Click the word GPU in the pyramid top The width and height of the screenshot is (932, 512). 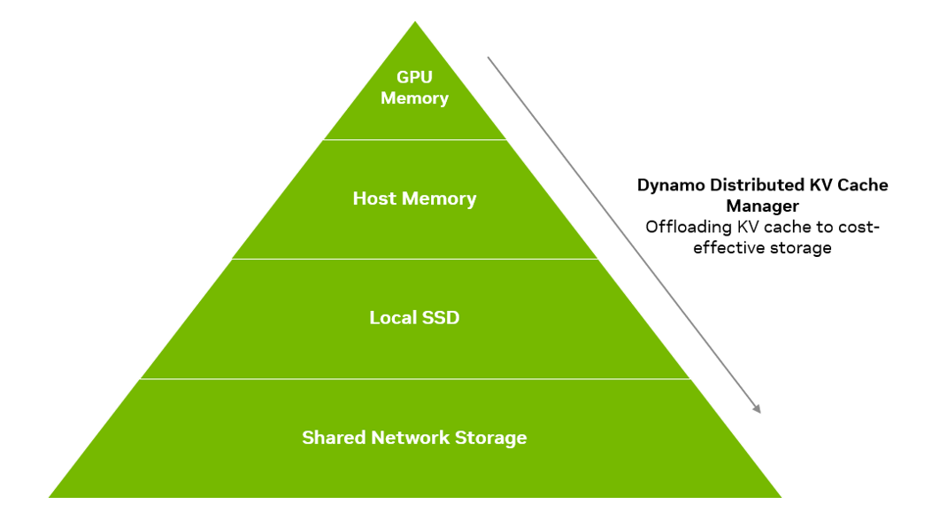[x=414, y=77]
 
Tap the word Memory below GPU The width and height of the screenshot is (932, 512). [x=414, y=98]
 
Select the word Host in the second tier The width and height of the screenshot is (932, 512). [x=374, y=198]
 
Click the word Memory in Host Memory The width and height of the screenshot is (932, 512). [x=439, y=199]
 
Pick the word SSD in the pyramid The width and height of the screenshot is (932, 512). [x=441, y=317]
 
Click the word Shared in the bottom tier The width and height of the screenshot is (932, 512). [x=334, y=438]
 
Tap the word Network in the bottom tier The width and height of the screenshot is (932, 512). [x=410, y=438]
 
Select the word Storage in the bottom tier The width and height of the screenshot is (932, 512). [x=491, y=438]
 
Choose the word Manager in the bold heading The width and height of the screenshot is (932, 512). [x=763, y=206]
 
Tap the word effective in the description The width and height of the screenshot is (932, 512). [x=720, y=247]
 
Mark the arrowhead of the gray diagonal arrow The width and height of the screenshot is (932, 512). [x=757, y=408]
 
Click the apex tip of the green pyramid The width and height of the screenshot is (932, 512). [x=415, y=22]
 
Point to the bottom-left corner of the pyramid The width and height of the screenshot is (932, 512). [x=50, y=497]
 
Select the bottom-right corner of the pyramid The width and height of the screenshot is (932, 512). [x=781, y=497]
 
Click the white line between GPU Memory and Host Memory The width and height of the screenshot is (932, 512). [x=415, y=140]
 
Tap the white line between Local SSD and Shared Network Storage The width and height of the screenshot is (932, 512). [x=415, y=379]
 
